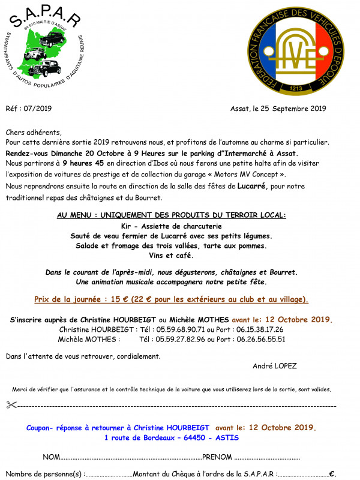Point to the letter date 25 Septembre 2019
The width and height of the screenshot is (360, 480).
287,109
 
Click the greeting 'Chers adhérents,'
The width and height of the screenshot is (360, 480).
34,132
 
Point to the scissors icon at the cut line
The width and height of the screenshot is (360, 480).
12,405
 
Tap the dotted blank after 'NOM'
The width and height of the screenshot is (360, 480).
131,458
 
